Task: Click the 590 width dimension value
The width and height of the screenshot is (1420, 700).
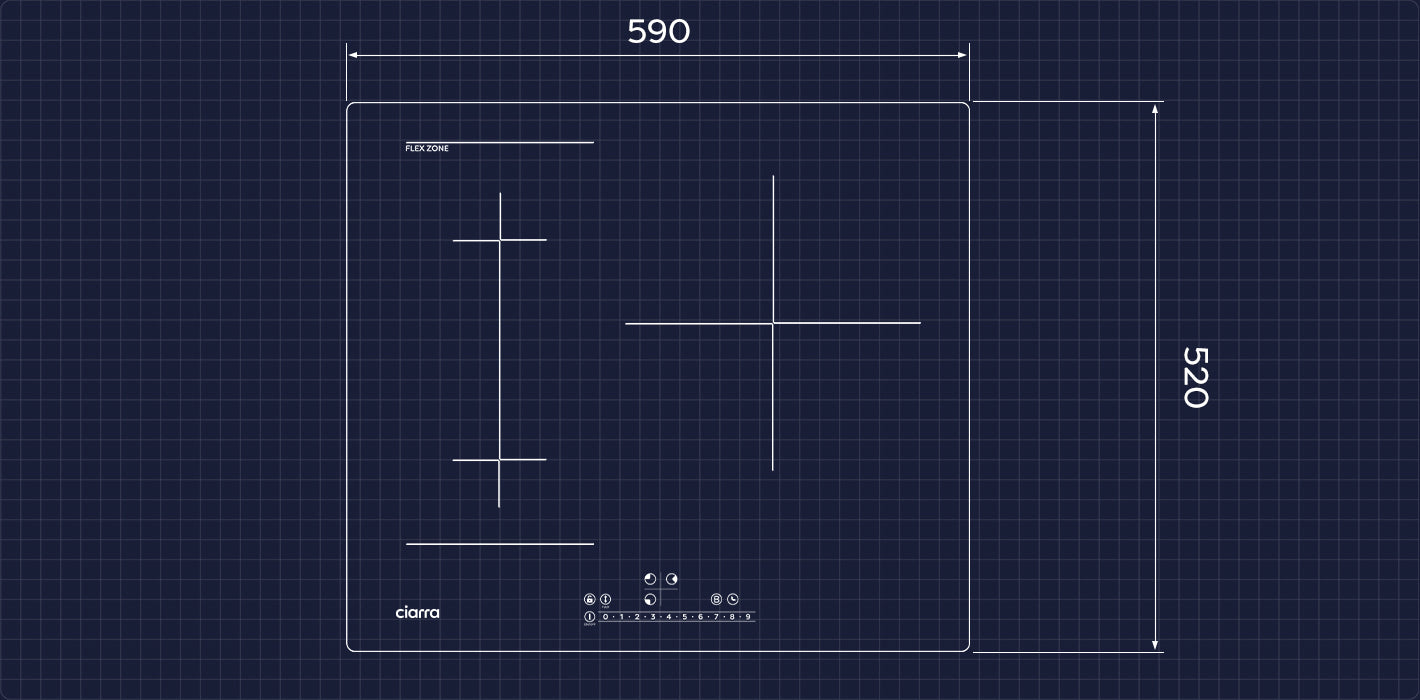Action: (658, 32)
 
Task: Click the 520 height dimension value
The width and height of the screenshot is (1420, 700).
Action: (1195, 377)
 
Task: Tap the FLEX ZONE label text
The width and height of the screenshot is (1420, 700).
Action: (427, 149)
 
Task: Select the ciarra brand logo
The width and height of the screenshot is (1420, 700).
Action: (417, 612)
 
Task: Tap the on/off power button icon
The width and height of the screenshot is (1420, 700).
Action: (589, 617)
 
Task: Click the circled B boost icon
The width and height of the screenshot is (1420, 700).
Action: (716, 599)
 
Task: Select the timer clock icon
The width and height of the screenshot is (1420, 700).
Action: (733, 599)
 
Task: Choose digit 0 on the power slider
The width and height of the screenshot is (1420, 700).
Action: (605, 617)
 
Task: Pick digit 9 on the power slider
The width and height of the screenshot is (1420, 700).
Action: (747, 617)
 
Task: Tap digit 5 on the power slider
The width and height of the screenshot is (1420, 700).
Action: (684, 617)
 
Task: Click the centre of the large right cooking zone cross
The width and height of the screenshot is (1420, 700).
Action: (773, 323)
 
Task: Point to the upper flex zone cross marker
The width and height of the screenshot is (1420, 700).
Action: (500, 240)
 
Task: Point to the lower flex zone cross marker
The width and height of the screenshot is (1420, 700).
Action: (499, 460)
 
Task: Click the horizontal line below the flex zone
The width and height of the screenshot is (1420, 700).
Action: (500, 544)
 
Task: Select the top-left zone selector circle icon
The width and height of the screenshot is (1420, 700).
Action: (650, 578)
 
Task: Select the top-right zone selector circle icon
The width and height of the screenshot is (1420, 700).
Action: (672, 578)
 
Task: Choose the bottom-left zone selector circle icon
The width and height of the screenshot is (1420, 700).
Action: (650, 599)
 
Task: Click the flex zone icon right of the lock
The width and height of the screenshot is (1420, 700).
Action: (606, 599)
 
